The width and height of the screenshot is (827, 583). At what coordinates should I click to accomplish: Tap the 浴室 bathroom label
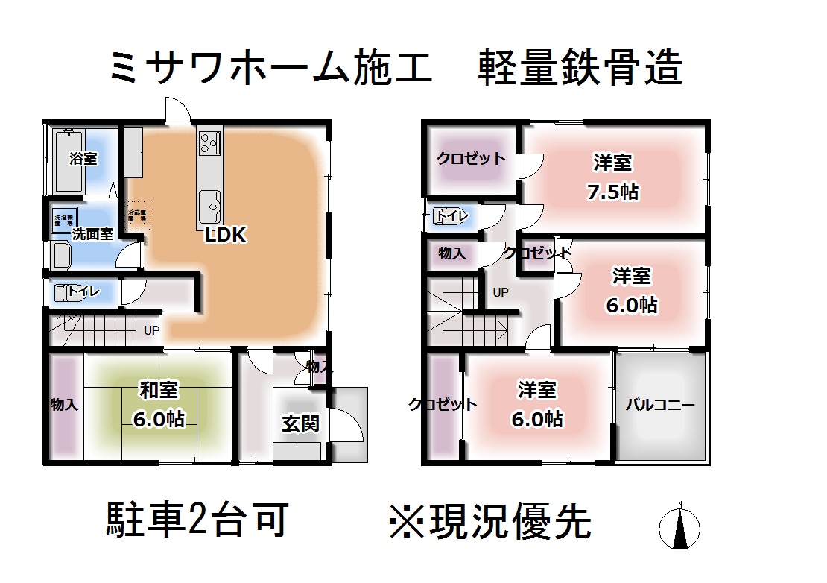pyautogui.click(x=83, y=158)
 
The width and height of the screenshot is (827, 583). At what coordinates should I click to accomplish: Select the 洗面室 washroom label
pyautogui.click(x=92, y=233)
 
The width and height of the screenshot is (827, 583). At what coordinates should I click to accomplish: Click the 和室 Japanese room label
pyautogui.click(x=159, y=389)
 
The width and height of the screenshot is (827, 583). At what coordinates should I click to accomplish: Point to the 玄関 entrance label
pyautogui.click(x=300, y=423)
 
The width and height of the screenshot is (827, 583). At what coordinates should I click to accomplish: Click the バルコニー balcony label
pyautogui.click(x=659, y=406)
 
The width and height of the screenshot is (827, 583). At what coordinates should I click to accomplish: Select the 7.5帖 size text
pyautogui.click(x=612, y=191)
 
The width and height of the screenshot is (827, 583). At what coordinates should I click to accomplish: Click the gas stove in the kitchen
pyautogui.click(x=209, y=141)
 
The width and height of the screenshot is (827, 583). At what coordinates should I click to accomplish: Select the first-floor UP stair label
pyautogui.click(x=151, y=330)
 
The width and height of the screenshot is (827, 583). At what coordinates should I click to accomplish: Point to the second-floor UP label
pyautogui.click(x=501, y=293)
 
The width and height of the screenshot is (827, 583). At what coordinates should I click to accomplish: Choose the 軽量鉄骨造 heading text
pyautogui.click(x=579, y=69)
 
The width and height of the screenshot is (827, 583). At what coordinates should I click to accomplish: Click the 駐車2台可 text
pyautogui.click(x=197, y=519)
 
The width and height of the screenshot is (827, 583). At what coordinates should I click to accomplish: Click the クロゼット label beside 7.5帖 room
pyautogui.click(x=471, y=158)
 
